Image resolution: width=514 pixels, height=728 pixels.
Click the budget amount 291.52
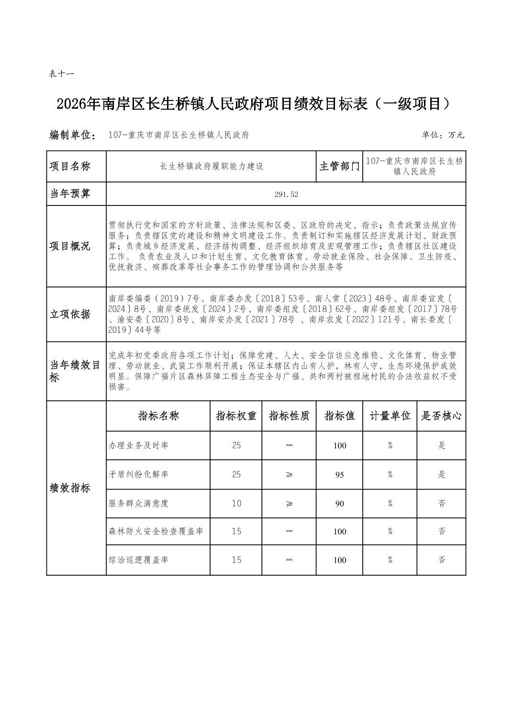tap(286, 194)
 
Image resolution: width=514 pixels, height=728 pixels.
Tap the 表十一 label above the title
tap(61, 74)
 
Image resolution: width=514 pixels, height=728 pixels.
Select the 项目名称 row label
tap(70, 166)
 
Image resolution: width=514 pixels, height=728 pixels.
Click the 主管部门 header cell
tap(339, 166)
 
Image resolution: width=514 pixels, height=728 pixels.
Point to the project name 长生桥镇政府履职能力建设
tap(212, 166)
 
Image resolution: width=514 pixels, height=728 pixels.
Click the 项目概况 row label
tap(70, 246)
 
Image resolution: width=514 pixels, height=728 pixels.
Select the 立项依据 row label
tap(70, 314)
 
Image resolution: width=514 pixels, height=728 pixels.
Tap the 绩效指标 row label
tap(70, 488)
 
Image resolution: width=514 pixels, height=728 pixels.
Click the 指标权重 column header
tap(236, 416)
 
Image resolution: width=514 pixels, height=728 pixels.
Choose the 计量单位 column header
tap(390, 416)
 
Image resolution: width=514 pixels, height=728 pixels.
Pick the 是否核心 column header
tap(441, 416)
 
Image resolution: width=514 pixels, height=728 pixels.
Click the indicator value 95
tap(339, 475)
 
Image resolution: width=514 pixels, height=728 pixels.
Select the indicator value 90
tap(339, 503)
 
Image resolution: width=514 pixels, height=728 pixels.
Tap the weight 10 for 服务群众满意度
tap(236, 503)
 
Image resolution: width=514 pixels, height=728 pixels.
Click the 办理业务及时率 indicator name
tap(138, 445)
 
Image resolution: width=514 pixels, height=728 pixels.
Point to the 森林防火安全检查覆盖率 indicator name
tap(156, 531)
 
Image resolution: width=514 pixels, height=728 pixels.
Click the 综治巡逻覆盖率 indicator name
tap(138, 560)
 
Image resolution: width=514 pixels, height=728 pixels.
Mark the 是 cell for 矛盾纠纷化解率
tap(441, 475)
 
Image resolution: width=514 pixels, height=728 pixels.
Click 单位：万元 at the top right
tap(443, 135)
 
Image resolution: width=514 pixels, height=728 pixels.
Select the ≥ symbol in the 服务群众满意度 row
tap(289, 503)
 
